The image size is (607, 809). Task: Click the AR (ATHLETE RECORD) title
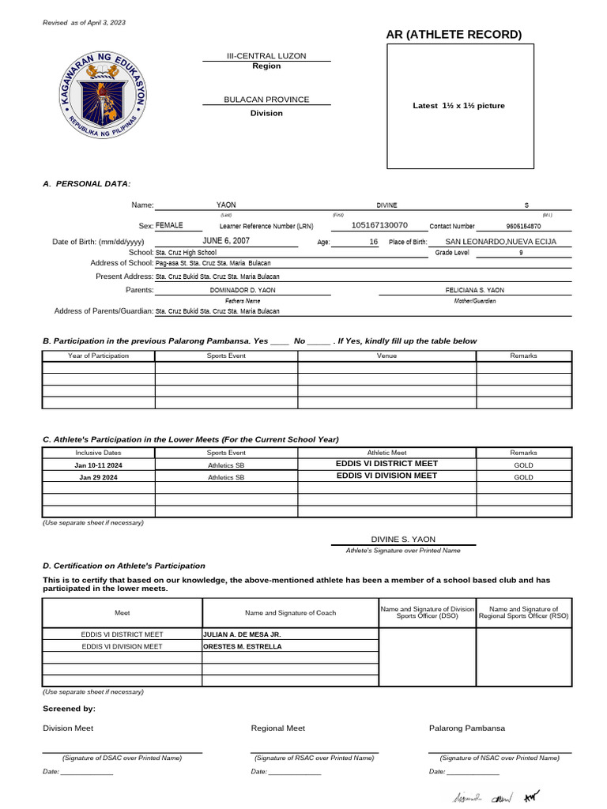click(454, 34)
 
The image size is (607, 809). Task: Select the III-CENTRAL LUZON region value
click(266, 56)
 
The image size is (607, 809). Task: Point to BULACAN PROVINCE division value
click(266, 100)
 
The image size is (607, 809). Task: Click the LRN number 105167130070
click(379, 225)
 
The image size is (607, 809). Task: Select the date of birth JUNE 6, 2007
click(226, 240)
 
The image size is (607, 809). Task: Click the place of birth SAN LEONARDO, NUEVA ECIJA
click(500, 242)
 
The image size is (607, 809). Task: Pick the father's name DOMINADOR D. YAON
click(243, 290)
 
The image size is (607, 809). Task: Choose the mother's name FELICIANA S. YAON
click(474, 290)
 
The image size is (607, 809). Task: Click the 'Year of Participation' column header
click(99, 356)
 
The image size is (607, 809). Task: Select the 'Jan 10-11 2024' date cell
click(99, 465)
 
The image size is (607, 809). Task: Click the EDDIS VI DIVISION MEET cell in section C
click(386, 476)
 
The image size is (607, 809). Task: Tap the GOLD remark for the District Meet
click(523, 465)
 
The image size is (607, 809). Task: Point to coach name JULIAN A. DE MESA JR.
click(242, 634)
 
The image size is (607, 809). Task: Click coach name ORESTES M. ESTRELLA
click(242, 646)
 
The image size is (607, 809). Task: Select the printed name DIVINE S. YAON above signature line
click(403, 539)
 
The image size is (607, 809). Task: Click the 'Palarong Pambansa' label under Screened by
click(467, 728)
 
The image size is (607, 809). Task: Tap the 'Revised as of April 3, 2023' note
click(84, 22)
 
